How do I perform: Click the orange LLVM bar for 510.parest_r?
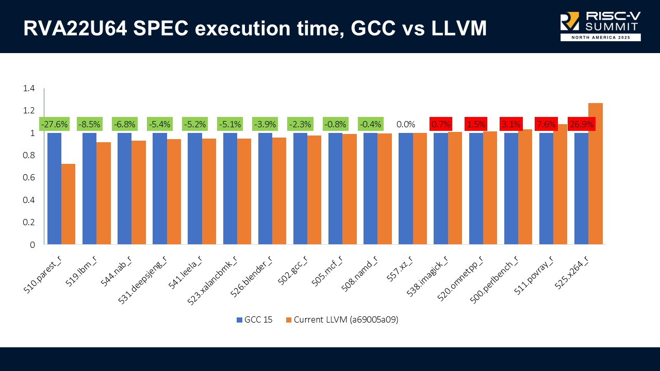[x=69, y=204]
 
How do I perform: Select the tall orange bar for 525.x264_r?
[x=595, y=174]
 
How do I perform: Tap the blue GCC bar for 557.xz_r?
[x=405, y=189]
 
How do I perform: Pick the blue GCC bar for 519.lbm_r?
[x=89, y=189]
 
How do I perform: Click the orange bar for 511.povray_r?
[x=560, y=184]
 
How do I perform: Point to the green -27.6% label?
[x=54, y=124]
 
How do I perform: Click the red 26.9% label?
[x=581, y=124]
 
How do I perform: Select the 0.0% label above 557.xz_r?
[x=405, y=124]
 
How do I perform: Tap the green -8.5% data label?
[x=89, y=124]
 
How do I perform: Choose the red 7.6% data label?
[x=546, y=124]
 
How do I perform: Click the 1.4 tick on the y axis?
[x=29, y=89]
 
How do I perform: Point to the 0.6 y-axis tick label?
[x=29, y=178]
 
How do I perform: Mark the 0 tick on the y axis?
[x=32, y=245]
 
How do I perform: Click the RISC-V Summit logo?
[x=600, y=26]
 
